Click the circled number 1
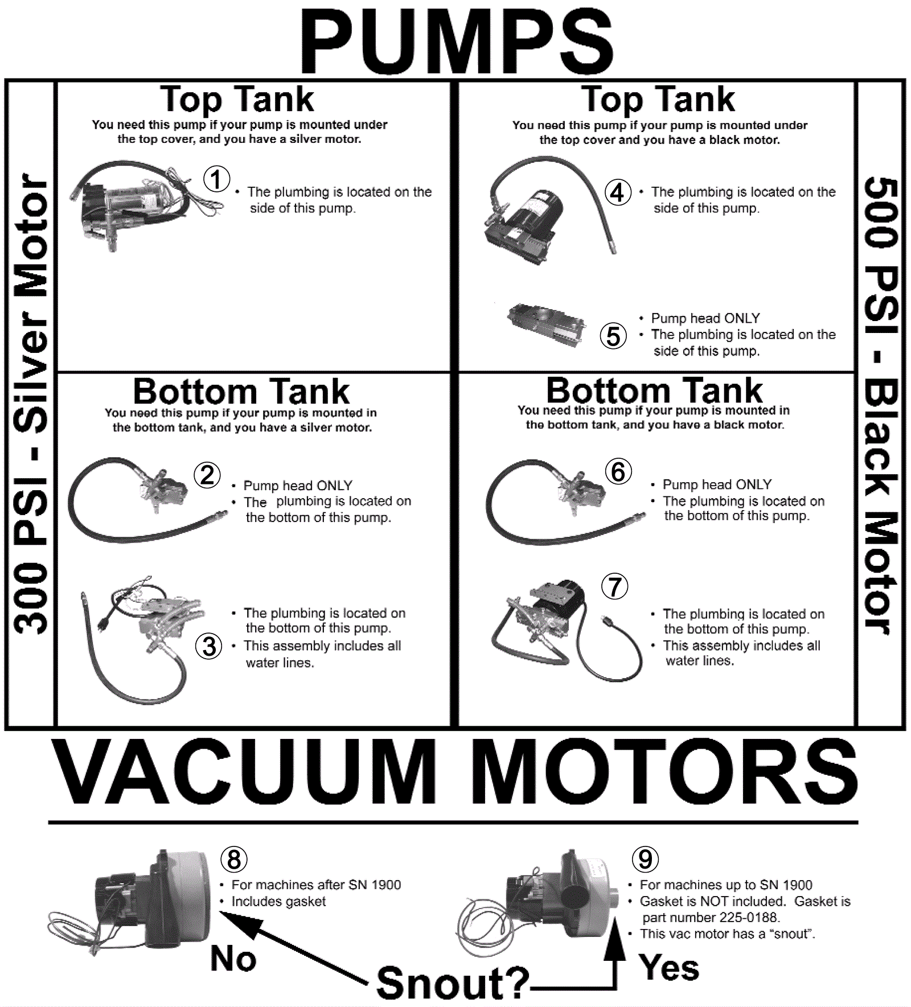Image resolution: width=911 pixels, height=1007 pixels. point(216,179)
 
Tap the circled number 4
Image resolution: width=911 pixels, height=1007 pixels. point(618,192)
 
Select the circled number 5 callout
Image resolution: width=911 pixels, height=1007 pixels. point(613,336)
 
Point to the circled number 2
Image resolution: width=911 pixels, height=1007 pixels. point(207,475)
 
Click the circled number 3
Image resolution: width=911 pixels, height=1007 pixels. point(209,647)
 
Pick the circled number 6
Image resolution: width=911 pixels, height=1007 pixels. point(618,472)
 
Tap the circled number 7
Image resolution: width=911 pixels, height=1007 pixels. point(615,586)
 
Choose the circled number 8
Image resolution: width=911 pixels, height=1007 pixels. point(234,859)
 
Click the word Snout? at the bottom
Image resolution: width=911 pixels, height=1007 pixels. point(453,983)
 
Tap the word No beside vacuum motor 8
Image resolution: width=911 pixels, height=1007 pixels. point(233,959)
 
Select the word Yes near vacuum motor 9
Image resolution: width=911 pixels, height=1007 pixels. point(669,968)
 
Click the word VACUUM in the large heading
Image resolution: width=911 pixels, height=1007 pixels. point(245,772)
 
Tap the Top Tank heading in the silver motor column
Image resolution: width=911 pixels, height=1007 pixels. point(237,100)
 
